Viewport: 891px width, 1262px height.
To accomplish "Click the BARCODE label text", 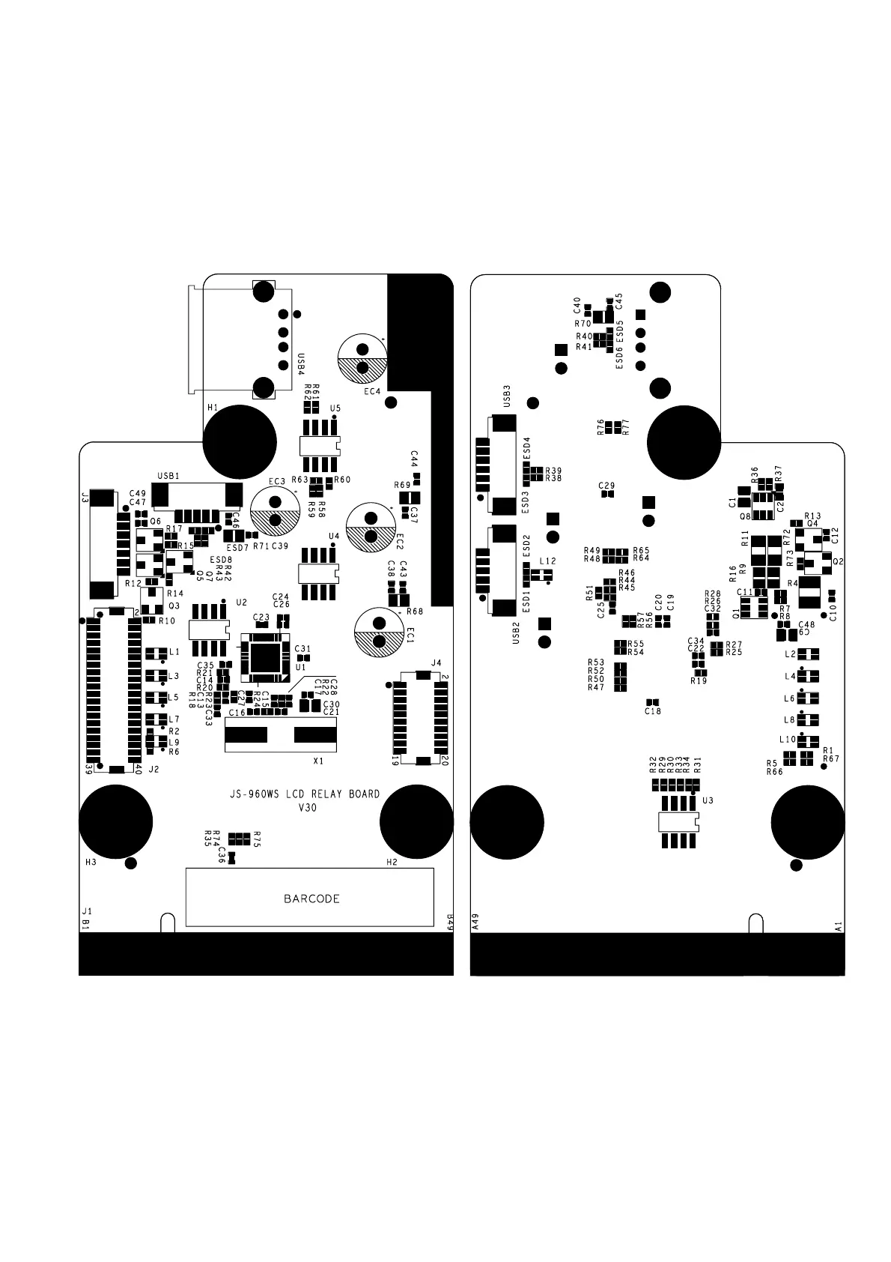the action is click(311, 899).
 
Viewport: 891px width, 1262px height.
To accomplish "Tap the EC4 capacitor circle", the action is click(362, 358).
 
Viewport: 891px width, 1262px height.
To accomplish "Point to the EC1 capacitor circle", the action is click(379, 631).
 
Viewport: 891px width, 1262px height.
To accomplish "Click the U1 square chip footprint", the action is click(264, 656).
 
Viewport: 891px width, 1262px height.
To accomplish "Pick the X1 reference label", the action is click(318, 761).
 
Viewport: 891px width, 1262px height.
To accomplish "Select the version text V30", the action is click(308, 807).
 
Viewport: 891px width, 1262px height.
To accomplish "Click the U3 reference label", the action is click(708, 800).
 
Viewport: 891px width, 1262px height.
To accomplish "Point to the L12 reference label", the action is click(547, 561).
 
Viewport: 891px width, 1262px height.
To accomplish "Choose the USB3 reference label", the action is click(507, 395).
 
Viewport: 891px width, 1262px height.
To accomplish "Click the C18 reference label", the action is click(653, 711).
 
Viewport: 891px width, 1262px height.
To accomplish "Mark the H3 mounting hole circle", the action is click(115, 821).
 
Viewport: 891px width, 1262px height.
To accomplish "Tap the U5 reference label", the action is click(335, 408).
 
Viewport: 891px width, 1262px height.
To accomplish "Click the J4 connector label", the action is click(437, 663).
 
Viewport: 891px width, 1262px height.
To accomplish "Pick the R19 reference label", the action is click(698, 680).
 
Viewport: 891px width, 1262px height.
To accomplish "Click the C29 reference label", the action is click(606, 486).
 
